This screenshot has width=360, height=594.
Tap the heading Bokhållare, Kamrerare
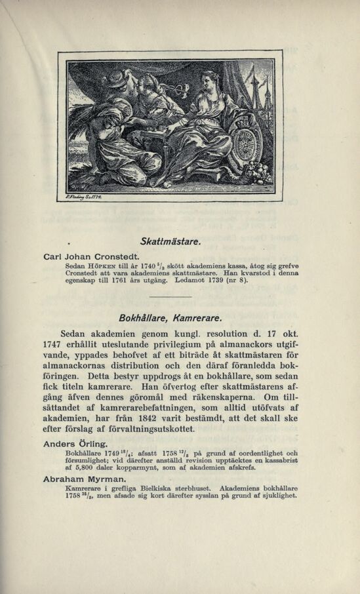[171, 318]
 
